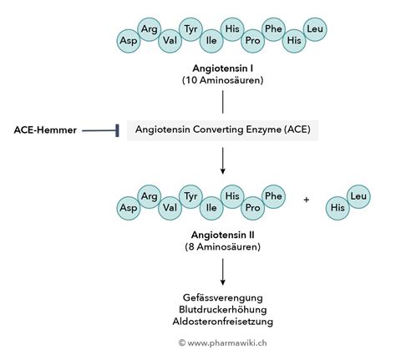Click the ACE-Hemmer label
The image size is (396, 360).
pos(46,129)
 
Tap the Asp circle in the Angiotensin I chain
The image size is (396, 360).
pos(129,39)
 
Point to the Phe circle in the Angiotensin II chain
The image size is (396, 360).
pos(273,195)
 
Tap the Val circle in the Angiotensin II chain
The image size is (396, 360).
pos(170,206)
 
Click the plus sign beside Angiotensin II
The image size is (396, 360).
pos(306,201)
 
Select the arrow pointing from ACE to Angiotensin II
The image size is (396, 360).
pos(223,161)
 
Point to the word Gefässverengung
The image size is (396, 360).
pos(223,297)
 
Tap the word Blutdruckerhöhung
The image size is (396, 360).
pos(223,309)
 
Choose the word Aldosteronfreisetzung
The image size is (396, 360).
pos(223,322)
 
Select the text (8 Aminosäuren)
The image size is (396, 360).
pos(223,248)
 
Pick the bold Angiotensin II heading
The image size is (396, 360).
pos(223,236)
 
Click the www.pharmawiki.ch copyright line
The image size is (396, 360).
pos(223,342)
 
